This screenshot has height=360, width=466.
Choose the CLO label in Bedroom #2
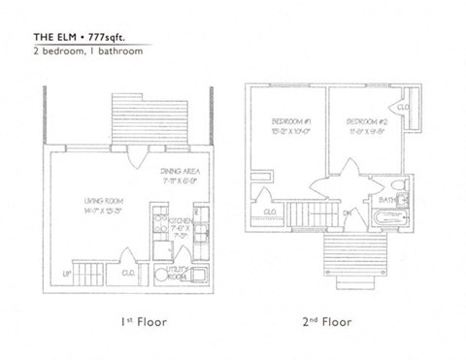pyautogui.click(x=405, y=107)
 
